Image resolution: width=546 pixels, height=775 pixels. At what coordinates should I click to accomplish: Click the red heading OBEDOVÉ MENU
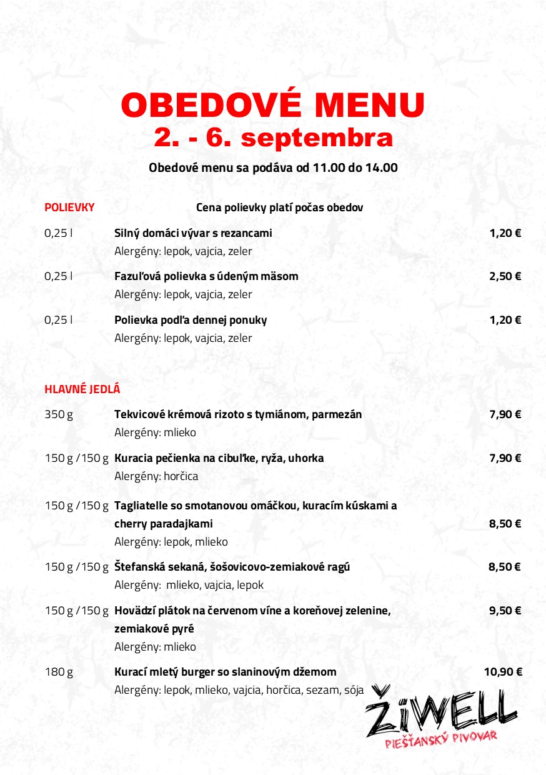273,104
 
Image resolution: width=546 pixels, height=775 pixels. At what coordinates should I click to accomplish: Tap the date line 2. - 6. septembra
273,138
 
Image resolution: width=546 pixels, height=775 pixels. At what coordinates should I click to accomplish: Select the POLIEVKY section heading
69,207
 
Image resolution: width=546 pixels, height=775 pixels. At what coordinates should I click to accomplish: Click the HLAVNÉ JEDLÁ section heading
82,389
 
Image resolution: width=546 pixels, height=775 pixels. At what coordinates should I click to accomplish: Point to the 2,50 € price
505,276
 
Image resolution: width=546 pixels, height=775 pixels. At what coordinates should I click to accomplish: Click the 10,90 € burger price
502,672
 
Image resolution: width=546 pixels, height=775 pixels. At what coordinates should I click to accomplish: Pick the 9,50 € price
505,611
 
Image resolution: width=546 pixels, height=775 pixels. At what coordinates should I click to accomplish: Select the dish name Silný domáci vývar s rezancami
193,233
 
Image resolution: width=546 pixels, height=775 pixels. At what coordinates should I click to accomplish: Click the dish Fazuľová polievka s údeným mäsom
206,276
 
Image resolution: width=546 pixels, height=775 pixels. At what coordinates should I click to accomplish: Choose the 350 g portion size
59,414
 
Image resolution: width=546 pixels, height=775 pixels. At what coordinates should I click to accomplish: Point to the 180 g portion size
59,672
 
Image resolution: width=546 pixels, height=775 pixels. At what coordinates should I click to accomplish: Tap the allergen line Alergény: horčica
156,476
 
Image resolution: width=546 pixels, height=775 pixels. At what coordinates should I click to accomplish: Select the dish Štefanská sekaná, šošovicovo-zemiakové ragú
232,567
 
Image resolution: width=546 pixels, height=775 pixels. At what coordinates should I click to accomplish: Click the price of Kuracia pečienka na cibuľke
505,458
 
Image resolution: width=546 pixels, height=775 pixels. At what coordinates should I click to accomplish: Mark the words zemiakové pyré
152,629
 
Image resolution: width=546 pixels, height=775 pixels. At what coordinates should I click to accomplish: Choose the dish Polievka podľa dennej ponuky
191,320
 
